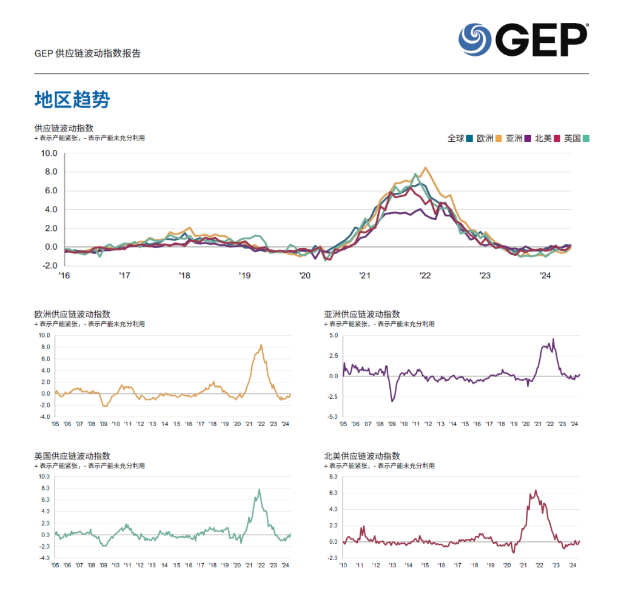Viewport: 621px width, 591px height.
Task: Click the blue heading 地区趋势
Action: (72, 100)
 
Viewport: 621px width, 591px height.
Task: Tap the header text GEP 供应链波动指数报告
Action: (88, 53)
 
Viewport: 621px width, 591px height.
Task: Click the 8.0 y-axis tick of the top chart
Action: (49, 172)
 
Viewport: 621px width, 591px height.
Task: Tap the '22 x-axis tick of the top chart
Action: (425, 276)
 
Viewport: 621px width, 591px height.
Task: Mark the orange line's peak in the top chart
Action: (425, 168)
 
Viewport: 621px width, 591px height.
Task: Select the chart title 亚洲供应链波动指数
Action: (362, 314)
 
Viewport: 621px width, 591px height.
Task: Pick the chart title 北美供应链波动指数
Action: (362, 456)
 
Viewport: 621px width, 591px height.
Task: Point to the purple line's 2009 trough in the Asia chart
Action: (392, 401)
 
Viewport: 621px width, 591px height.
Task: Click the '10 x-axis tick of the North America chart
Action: (343, 565)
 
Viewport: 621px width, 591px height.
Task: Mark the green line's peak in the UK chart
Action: (259, 490)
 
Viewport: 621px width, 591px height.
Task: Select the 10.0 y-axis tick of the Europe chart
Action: (45, 335)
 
